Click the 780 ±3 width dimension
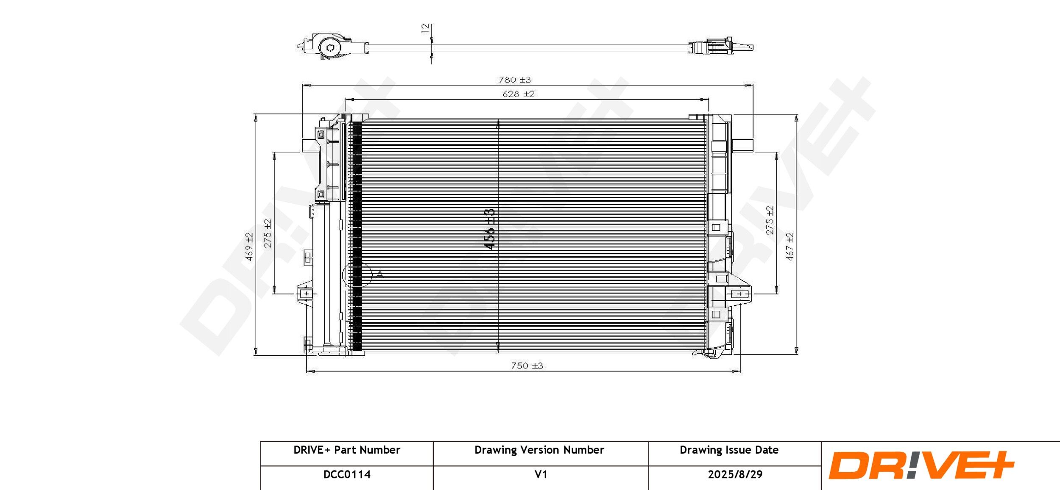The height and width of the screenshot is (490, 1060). click(x=514, y=80)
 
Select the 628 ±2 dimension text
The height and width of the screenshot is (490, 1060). click(x=518, y=94)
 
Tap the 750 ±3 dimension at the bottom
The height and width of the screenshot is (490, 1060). click(x=527, y=365)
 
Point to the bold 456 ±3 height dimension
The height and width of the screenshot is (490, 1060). click(x=490, y=229)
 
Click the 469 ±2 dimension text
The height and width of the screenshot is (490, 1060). click(x=249, y=247)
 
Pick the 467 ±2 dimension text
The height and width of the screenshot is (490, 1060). click(x=789, y=247)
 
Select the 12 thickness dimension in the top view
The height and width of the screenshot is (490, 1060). click(x=425, y=28)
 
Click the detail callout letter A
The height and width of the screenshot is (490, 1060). click(x=379, y=275)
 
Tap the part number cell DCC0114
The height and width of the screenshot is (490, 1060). click(x=347, y=474)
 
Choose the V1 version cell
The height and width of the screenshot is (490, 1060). click(x=541, y=474)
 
